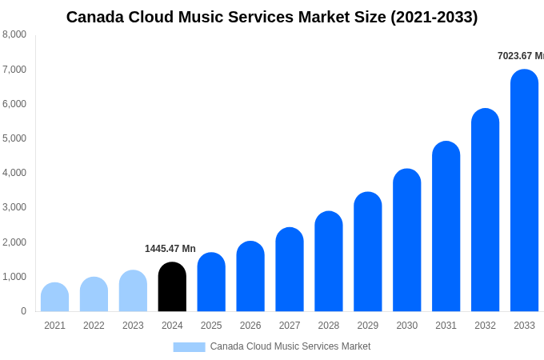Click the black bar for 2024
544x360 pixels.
point(172,287)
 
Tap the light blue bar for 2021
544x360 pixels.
point(54,298)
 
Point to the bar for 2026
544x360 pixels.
point(250,277)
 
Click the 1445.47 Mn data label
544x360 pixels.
point(170,249)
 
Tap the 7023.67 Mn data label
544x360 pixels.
point(520,56)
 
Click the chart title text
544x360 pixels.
point(272,17)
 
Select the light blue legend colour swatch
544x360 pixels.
point(189,347)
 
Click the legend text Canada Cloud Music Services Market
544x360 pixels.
point(290,346)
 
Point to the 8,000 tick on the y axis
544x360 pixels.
point(14,34)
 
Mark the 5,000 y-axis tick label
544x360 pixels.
point(14,138)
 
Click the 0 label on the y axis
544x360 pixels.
point(23,311)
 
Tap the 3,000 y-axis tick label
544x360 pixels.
point(14,207)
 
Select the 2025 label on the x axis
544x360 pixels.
point(211,326)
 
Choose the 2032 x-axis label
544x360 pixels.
point(485,326)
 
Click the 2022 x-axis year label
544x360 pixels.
point(94,326)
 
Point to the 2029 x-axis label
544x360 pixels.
point(367,326)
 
